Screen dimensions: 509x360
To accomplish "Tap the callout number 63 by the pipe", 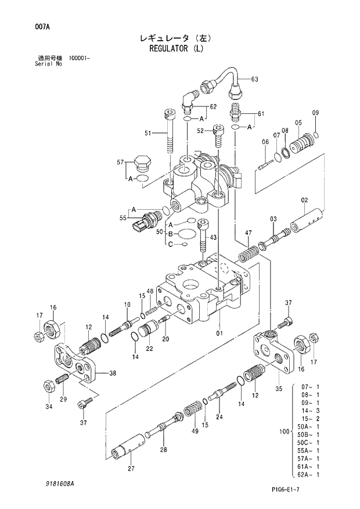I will (254, 79).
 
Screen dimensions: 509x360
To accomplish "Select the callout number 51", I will (149, 134).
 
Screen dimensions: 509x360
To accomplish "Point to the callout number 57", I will (120, 163).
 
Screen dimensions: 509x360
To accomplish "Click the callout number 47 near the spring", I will (248, 233).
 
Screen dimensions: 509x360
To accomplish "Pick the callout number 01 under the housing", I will (219, 334).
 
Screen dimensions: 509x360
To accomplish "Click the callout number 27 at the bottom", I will (131, 469).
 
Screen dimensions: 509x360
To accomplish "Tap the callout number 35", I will (279, 389).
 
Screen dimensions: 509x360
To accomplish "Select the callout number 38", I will (112, 373).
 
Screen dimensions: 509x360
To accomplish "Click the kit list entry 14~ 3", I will (311, 410).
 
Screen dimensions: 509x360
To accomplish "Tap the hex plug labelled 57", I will (142, 163).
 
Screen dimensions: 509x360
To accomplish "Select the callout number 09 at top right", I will (315, 112).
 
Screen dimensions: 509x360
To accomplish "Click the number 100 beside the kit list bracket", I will (284, 431).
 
